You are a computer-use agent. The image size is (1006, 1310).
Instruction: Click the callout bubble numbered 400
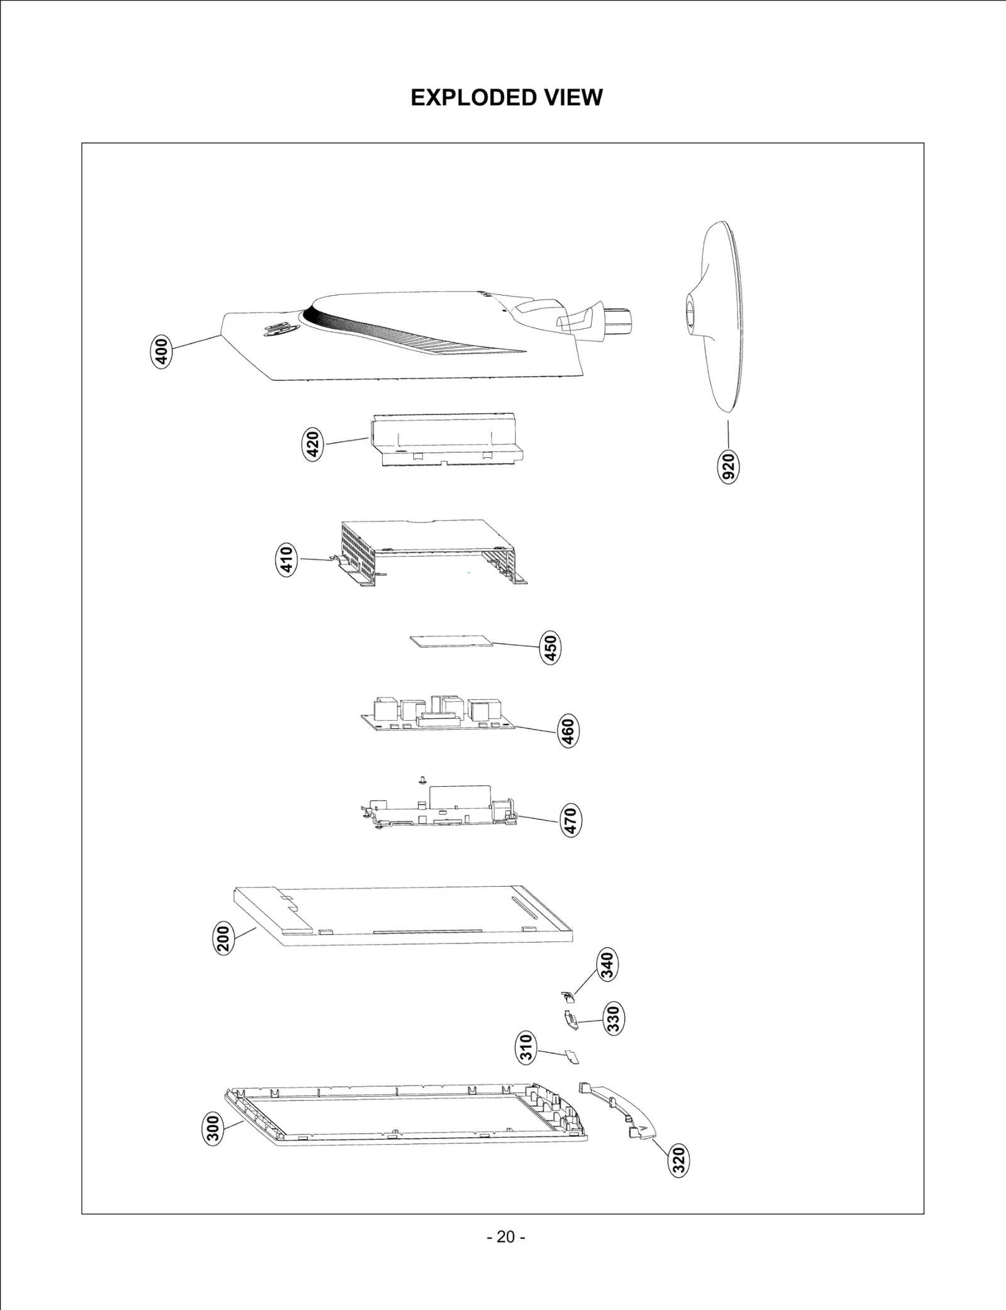click(x=162, y=352)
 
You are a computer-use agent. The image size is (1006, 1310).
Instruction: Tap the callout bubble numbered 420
click(x=312, y=444)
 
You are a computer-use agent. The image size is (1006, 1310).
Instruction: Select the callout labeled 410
click(x=286, y=560)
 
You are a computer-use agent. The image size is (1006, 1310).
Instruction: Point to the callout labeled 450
click(x=550, y=648)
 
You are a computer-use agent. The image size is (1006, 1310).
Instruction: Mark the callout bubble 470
click(x=570, y=820)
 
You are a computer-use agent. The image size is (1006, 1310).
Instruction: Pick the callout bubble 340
click(x=607, y=965)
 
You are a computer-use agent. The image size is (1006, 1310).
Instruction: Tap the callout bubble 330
click(x=613, y=1019)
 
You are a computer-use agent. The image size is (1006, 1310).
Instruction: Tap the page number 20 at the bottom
click(x=506, y=1237)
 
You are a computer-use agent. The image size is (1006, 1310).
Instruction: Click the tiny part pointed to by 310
click(x=573, y=1056)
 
